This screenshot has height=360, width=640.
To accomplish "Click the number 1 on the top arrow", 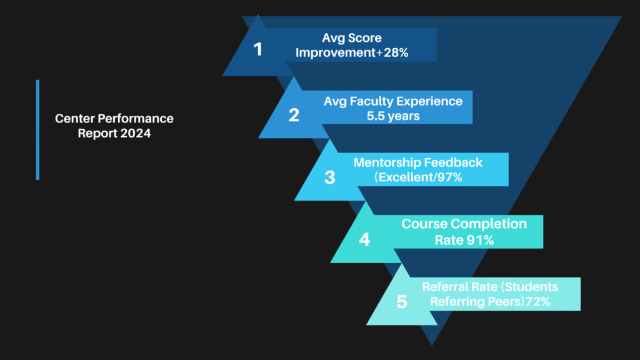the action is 257,49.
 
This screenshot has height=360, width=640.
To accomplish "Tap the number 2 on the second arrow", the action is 294,115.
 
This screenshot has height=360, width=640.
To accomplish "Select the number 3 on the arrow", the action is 330,177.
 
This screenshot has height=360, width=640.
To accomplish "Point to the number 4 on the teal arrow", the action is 364,239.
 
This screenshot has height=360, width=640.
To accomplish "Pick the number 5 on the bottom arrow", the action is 402,302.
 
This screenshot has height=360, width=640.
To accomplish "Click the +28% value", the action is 392,52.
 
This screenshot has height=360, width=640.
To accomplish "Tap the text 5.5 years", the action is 393,116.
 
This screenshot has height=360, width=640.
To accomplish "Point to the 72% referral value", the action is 537,302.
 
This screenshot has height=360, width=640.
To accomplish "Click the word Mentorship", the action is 384,162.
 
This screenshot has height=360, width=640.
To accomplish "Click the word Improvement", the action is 336,53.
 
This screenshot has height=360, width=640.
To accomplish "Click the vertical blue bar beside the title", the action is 37,130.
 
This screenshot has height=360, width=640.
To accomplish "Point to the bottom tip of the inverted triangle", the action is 432,345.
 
